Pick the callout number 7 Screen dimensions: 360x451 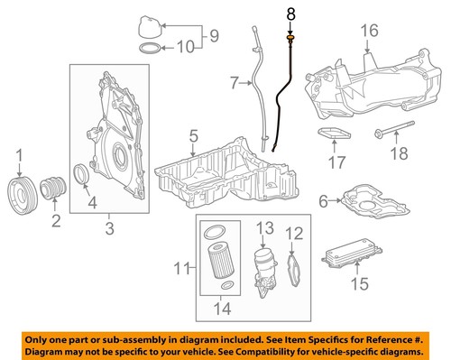[233, 84]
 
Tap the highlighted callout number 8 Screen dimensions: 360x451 [290, 14]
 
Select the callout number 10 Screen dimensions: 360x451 [183, 46]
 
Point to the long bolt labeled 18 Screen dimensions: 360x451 [391, 131]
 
